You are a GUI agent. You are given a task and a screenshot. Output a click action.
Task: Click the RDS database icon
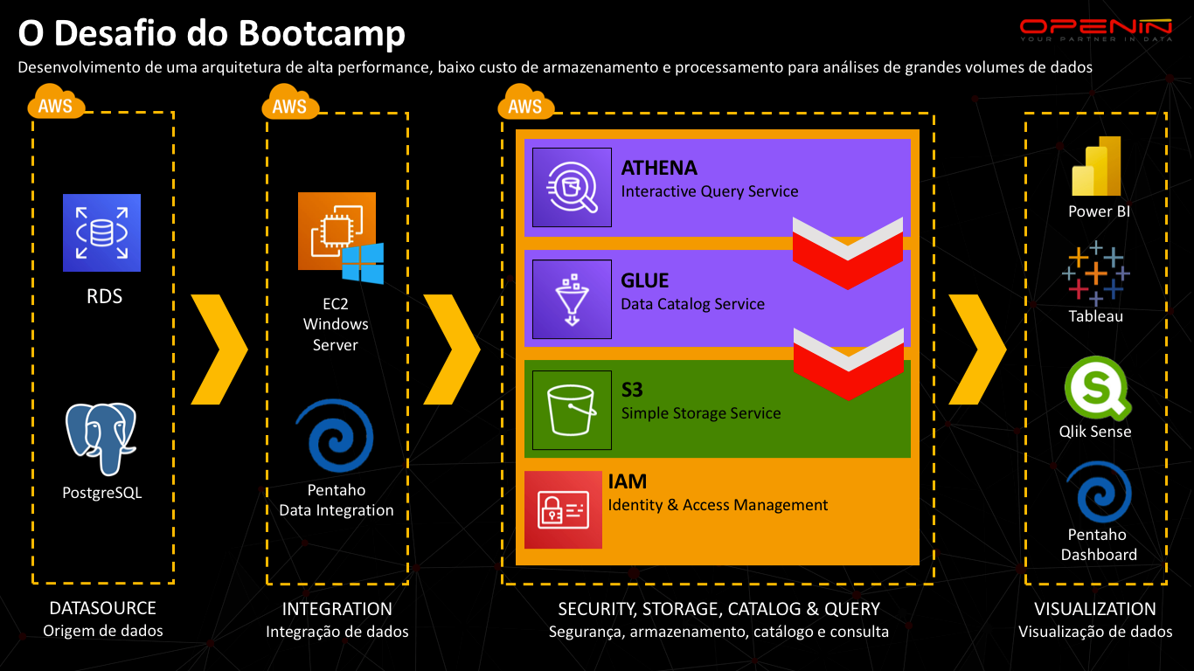[101, 232]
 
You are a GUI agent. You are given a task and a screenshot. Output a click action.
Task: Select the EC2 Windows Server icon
[339, 236]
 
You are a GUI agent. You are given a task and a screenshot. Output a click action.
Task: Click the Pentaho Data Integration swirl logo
[335, 436]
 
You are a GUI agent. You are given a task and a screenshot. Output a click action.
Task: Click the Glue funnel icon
[572, 299]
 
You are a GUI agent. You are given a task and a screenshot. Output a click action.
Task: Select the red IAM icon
[563, 509]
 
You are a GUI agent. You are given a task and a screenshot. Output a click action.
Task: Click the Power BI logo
[1097, 166]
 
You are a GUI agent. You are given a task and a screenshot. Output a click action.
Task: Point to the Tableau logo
[1096, 273]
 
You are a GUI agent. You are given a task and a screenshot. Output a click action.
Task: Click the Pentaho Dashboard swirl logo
[1098, 492]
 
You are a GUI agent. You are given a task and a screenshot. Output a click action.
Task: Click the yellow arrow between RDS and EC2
[219, 349]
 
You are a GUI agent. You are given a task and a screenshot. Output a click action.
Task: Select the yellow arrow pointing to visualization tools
[977, 349]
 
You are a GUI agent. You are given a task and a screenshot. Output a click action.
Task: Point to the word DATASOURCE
[102, 608]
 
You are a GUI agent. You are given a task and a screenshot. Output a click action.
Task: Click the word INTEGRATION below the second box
[337, 608]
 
